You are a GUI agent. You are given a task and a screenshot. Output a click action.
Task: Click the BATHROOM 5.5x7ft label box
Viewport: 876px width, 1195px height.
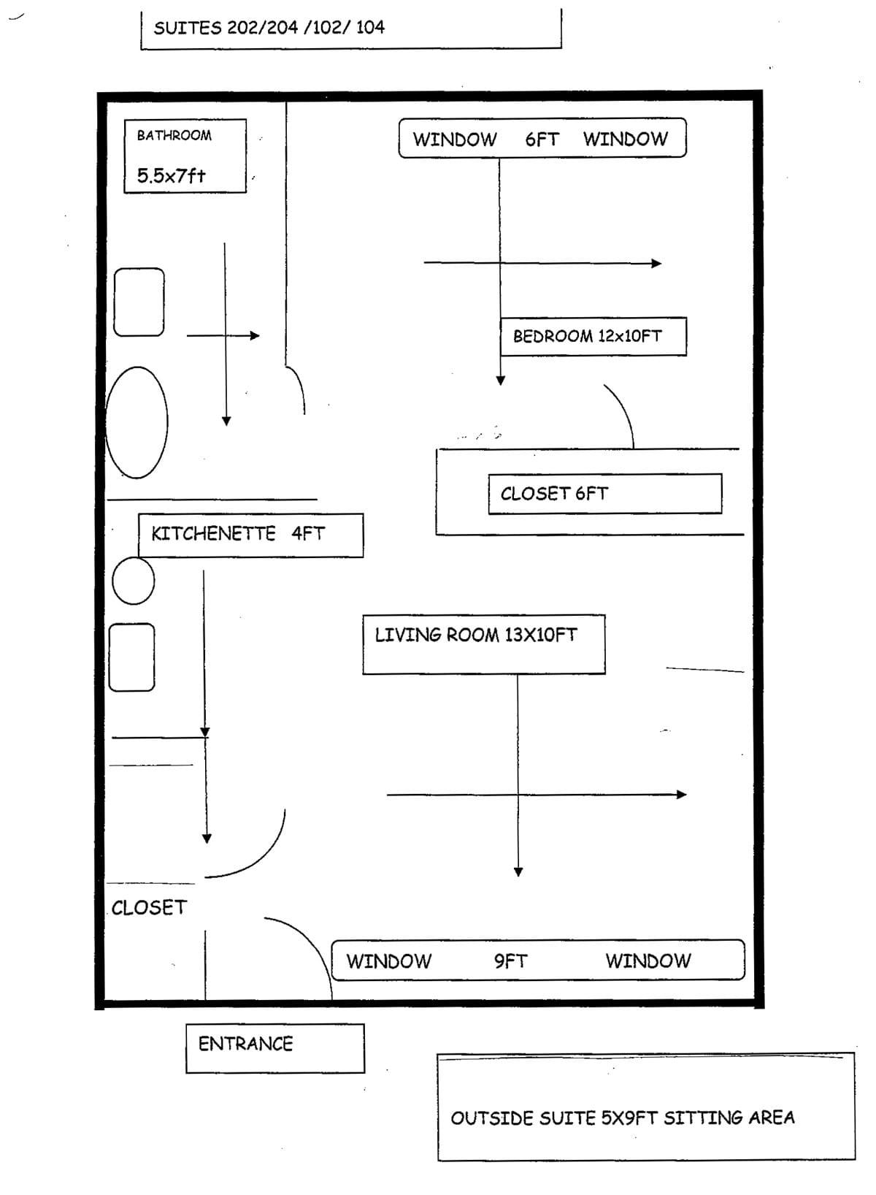pos(185,156)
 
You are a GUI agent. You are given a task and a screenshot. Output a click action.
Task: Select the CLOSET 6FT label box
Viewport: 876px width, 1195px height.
pos(604,494)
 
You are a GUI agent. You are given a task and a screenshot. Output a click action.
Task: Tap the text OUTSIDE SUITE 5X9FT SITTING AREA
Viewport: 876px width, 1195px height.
pos(622,1118)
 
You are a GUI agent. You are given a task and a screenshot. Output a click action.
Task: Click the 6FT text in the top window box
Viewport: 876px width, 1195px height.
pos(542,139)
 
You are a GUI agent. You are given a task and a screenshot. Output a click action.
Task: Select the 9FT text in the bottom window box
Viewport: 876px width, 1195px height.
pos(510,961)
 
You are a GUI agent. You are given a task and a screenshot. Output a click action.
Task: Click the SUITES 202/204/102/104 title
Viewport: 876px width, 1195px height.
pos(269,28)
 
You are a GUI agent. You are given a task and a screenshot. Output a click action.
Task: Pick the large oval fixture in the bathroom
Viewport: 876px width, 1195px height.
pos(137,422)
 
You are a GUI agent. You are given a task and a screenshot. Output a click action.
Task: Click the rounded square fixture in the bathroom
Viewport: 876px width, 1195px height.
pos(139,302)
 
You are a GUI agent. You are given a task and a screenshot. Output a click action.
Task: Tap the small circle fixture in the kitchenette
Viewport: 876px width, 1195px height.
pos(134,581)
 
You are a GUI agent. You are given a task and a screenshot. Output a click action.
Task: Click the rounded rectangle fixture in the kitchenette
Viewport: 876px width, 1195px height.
pos(132,657)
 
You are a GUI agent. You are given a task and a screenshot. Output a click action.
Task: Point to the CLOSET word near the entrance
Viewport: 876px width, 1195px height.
pos(149,907)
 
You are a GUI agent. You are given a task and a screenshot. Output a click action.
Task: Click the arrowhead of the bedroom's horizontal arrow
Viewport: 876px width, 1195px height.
pos(657,263)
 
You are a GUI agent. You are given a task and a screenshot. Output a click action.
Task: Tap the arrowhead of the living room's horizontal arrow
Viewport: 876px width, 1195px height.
pos(682,795)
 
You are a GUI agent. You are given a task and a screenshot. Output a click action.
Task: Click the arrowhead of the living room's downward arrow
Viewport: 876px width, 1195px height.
pos(518,871)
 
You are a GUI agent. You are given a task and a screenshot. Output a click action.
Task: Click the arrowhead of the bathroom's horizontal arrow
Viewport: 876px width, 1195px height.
pos(255,335)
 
